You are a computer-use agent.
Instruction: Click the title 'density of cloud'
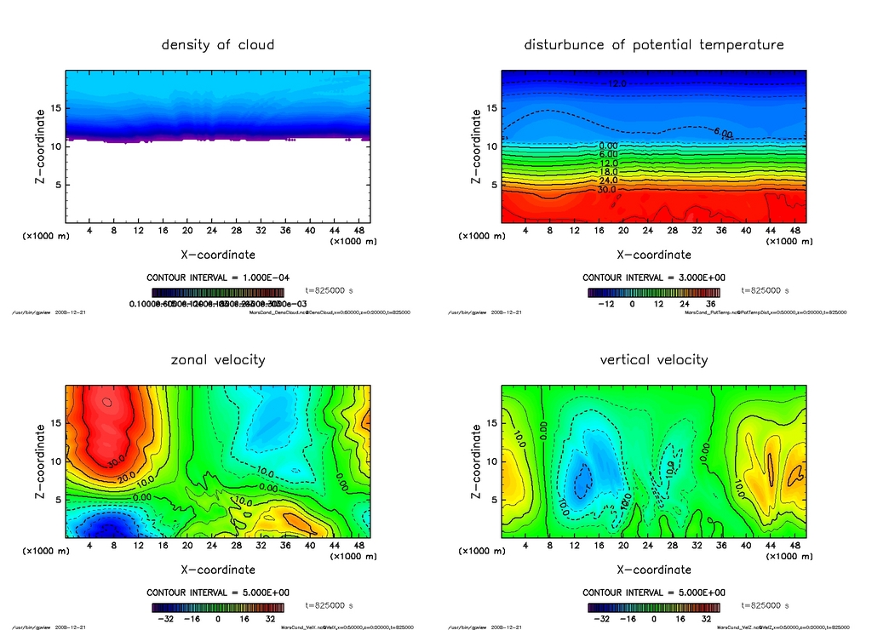click(x=218, y=44)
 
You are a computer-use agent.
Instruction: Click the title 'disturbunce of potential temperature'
click(x=653, y=44)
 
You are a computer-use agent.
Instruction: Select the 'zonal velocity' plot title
click(x=218, y=359)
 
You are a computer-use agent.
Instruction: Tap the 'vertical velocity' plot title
click(x=653, y=359)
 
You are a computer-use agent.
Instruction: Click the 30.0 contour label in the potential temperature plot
click(x=607, y=190)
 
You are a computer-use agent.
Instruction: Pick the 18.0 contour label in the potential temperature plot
click(x=607, y=172)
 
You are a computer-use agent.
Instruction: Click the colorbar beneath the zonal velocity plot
click(x=218, y=608)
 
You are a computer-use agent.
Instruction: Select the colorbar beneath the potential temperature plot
click(x=653, y=293)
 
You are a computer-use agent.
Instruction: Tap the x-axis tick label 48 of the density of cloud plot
click(x=358, y=230)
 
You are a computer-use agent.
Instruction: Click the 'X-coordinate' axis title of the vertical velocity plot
click(x=653, y=570)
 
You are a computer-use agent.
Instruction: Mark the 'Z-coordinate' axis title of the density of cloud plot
click(x=39, y=146)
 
